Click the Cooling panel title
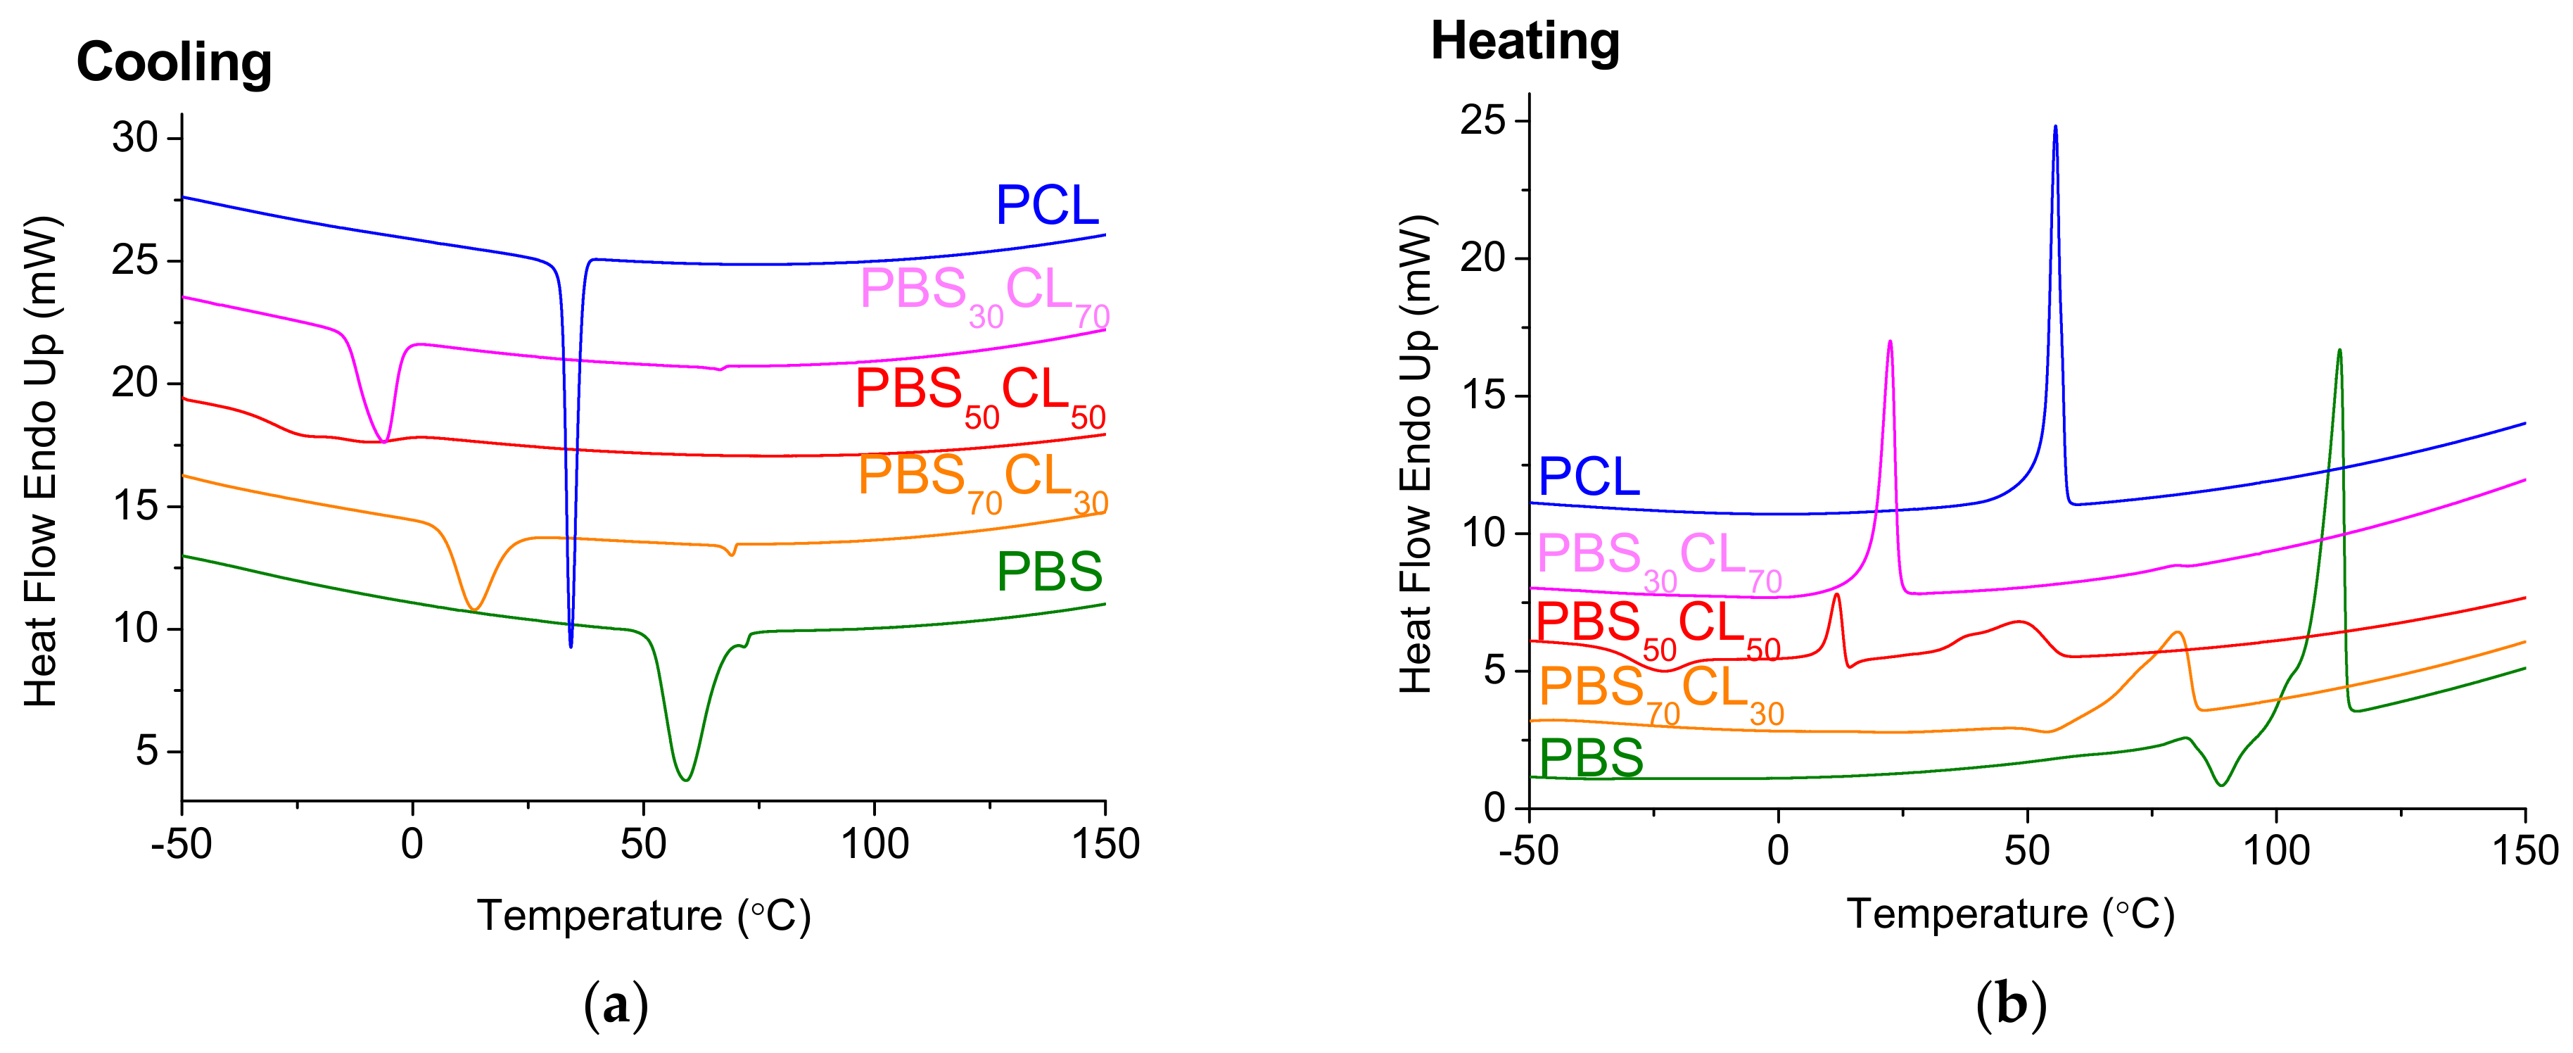(x=174, y=62)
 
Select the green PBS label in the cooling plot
(x=1049, y=572)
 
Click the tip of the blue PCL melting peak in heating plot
(x=2054, y=127)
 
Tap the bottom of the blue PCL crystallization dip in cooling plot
(x=571, y=646)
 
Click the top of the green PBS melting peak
(x=2339, y=350)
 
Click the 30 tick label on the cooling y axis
(x=135, y=138)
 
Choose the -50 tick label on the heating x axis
(x=1527, y=851)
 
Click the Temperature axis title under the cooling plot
(x=643, y=915)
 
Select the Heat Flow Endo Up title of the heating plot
(x=1416, y=455)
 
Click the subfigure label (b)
(x=2011, y=1005)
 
